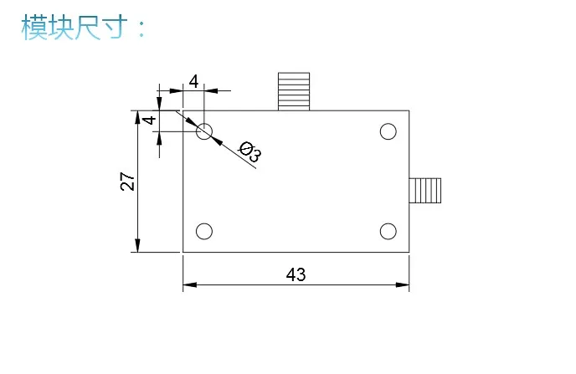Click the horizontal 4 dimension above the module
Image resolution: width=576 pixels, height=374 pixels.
(193, 81)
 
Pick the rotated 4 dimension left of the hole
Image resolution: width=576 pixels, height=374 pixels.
(149, 120)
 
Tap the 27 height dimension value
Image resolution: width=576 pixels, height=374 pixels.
(127, 182)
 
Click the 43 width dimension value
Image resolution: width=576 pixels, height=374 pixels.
(296, 274)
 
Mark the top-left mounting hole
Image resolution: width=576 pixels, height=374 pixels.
(204, 131)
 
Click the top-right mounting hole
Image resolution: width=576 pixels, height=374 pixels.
(388, 131)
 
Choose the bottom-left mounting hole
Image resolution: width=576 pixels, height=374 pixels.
(204, 231)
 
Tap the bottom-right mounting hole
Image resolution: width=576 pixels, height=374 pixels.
(388, 231)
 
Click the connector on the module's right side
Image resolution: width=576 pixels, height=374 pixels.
(424, 191)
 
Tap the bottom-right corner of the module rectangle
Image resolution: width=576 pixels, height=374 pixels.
(409, 252)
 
